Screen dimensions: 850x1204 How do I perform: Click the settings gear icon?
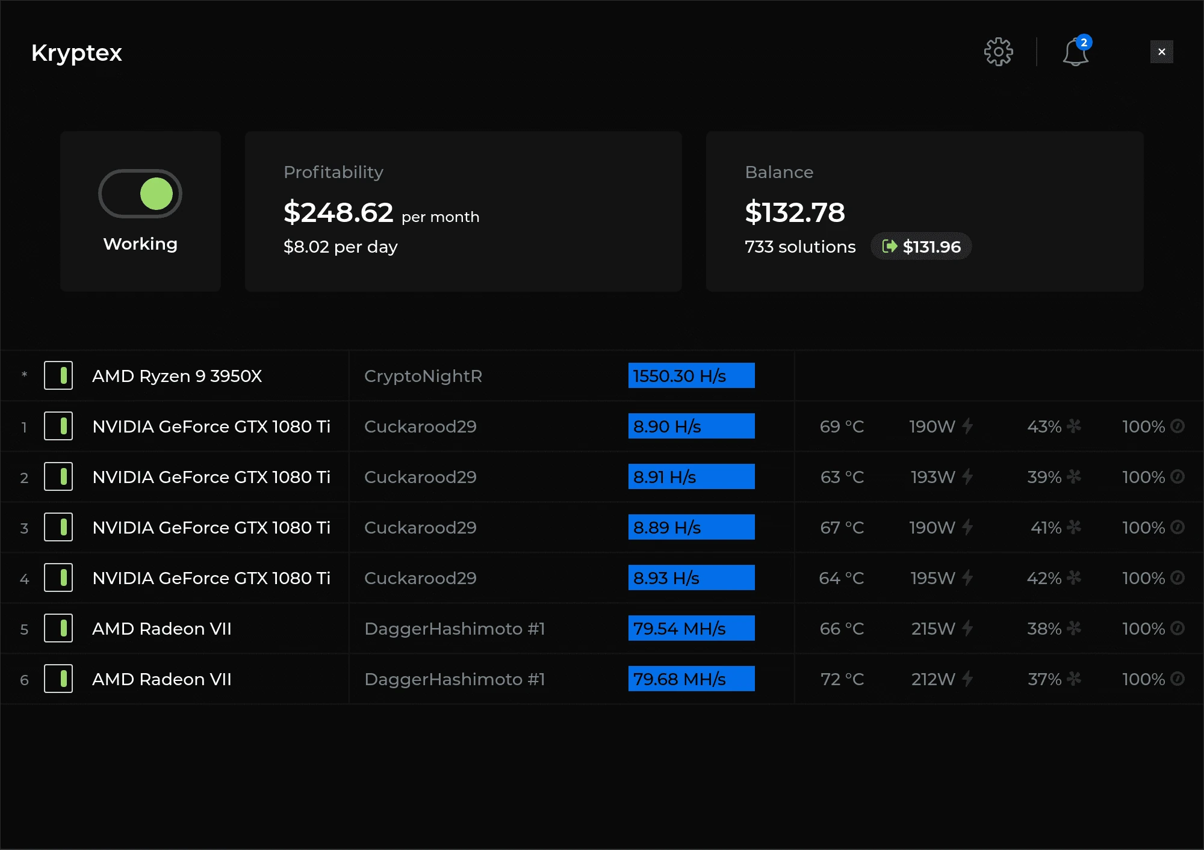point(998,52)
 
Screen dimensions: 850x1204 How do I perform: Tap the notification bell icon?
point(1075,52)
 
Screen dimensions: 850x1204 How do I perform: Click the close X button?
point(1161,52)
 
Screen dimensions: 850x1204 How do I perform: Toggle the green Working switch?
point(140,194)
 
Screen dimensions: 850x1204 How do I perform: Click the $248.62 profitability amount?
point(338,212)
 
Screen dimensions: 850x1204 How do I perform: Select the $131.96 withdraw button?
point(921,247)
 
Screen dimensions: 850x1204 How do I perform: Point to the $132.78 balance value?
point(795,212)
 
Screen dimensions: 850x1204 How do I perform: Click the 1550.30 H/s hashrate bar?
point(691,376)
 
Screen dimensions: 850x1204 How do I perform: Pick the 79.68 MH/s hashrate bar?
point(691,679)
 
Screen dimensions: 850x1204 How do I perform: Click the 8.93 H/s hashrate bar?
point(691,578)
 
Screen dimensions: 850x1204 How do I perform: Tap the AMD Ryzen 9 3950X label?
point(177,376)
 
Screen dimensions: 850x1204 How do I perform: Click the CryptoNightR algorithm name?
point(423,376)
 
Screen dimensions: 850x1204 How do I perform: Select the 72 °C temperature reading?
point(842,679)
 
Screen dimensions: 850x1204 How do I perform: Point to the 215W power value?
point(933,629)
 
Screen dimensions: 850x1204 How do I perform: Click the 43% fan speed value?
point(1044,427)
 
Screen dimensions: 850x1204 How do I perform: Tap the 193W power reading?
point(932,477)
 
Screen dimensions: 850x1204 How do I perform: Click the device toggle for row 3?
point(58,528)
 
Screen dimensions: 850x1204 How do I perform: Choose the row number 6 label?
point(24,680)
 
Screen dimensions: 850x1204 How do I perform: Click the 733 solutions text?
point(800,247)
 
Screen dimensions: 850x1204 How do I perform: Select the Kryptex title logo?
point(76,53)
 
